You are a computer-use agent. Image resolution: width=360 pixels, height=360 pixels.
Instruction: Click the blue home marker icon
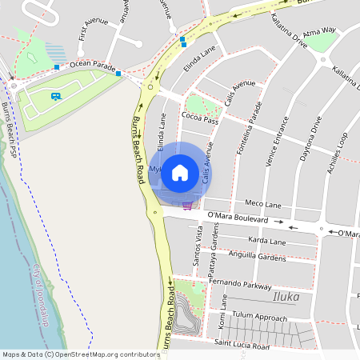click(180, 172)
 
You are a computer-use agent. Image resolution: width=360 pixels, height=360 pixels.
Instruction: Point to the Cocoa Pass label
click(200, 119)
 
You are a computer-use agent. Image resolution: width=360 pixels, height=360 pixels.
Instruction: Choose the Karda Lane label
click(266, 241)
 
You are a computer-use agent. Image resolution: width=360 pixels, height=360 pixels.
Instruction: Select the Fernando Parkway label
click(240, 283)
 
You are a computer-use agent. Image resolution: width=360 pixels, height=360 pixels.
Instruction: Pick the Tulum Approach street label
click(258, 318)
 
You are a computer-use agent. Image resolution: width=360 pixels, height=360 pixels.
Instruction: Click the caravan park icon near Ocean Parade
click(55, 96)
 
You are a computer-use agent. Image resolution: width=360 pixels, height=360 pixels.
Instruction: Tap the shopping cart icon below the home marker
click(186, 205)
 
